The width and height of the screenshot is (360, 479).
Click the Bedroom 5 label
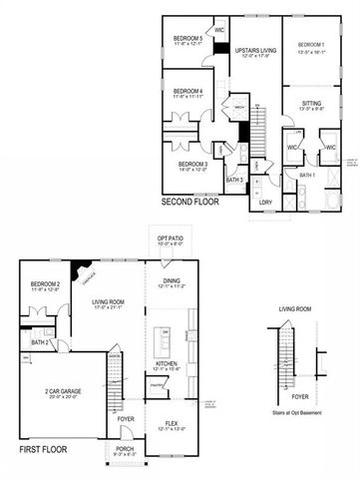pyautogui.click(x=187, y=39)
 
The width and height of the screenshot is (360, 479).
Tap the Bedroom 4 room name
pyautogui.click(x=187, y=91)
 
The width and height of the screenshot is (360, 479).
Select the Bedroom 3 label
pyautogui.click(x=192, y=163)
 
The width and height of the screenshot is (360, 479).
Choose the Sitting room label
pyautogui.click(x=311, y=102)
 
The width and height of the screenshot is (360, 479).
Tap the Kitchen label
pyautogui.click(x=166, y=364)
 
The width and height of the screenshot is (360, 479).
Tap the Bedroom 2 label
pyautogui.click(x=46, y=284)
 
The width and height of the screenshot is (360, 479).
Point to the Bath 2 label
pyautogui.click(x=40, y=342)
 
